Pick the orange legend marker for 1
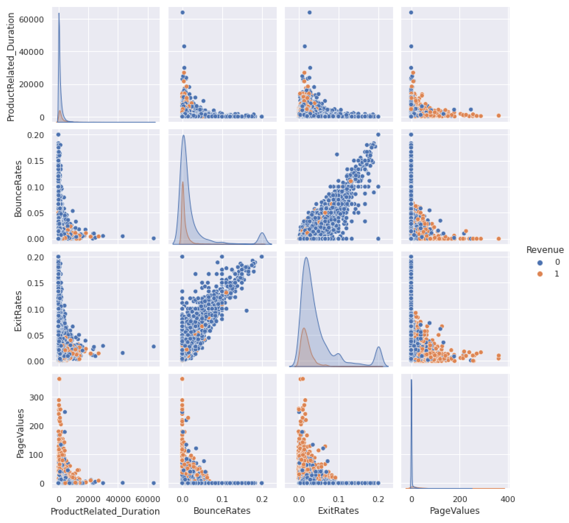540,274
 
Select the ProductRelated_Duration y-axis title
11,67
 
